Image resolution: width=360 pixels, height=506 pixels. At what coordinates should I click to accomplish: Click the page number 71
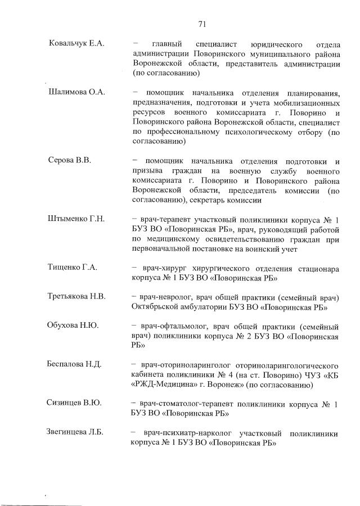(x=203, y=24)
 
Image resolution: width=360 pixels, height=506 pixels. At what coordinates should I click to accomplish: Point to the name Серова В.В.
(x=69, y=160)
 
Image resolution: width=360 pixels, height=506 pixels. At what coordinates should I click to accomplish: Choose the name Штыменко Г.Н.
(x=76, y=219)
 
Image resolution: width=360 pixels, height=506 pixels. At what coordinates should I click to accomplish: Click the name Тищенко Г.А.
(x=73, y=267)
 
